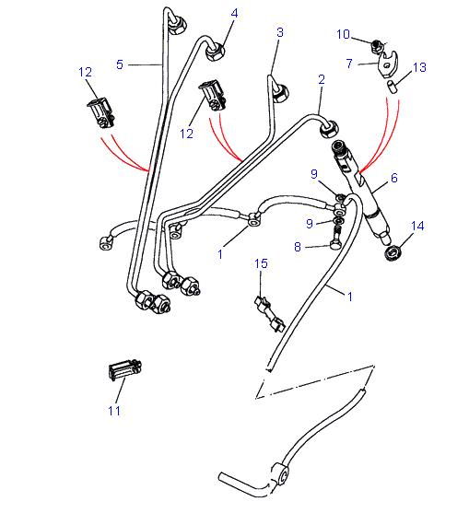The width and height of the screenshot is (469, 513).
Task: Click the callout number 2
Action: [x=322, y=80]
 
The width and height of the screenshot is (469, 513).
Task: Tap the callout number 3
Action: [x=279, y=32]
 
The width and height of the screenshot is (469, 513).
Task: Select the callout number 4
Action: [x=234, y=13]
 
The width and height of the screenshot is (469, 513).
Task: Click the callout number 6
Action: [x=394, y=178]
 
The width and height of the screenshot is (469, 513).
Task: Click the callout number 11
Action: [x=114, y=410]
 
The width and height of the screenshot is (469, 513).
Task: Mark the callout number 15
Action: [x=261, y=264]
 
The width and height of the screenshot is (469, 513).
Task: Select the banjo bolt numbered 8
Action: [x=335, y=245]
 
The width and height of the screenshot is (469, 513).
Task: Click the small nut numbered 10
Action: [x=377, y=44]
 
